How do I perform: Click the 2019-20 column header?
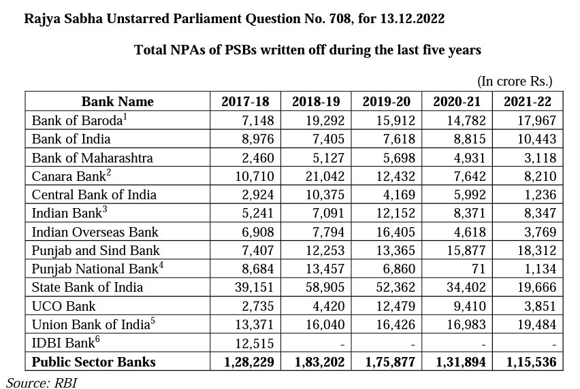386,102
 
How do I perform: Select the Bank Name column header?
118,102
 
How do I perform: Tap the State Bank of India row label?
88,287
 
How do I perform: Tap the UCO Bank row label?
64,306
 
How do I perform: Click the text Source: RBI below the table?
42,382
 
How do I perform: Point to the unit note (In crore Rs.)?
515,82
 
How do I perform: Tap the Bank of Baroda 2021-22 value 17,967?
537,120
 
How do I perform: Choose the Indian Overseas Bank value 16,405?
393,232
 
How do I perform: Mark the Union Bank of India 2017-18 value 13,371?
255,324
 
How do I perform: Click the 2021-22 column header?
528,102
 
